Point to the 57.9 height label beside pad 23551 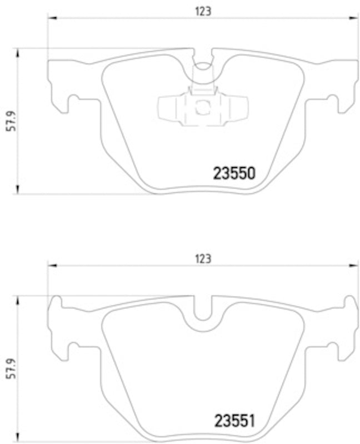(x=9, y=369)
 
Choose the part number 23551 (x=234, y=421)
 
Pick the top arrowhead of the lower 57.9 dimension (x=18, y=300)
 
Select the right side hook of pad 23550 (x=334, y=102)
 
